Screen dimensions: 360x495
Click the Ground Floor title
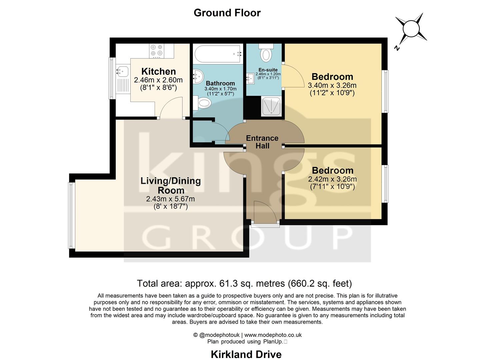pos(227,13)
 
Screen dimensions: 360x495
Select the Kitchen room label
pos(158,71)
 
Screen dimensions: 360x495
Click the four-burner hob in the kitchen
pos(157,50)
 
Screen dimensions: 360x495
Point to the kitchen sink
pos(122,71)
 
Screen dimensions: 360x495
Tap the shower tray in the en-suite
pos(271,106)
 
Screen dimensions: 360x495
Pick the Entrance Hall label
pos(262,142)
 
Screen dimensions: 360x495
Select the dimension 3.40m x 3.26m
pos(332,85)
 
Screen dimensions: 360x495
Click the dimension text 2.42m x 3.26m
pos(332,179)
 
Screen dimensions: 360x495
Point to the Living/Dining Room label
pos(170,186)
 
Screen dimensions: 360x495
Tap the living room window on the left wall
pos(71,215)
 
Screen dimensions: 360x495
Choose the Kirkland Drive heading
pos(246,354)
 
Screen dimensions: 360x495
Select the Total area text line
pos(244,283)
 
